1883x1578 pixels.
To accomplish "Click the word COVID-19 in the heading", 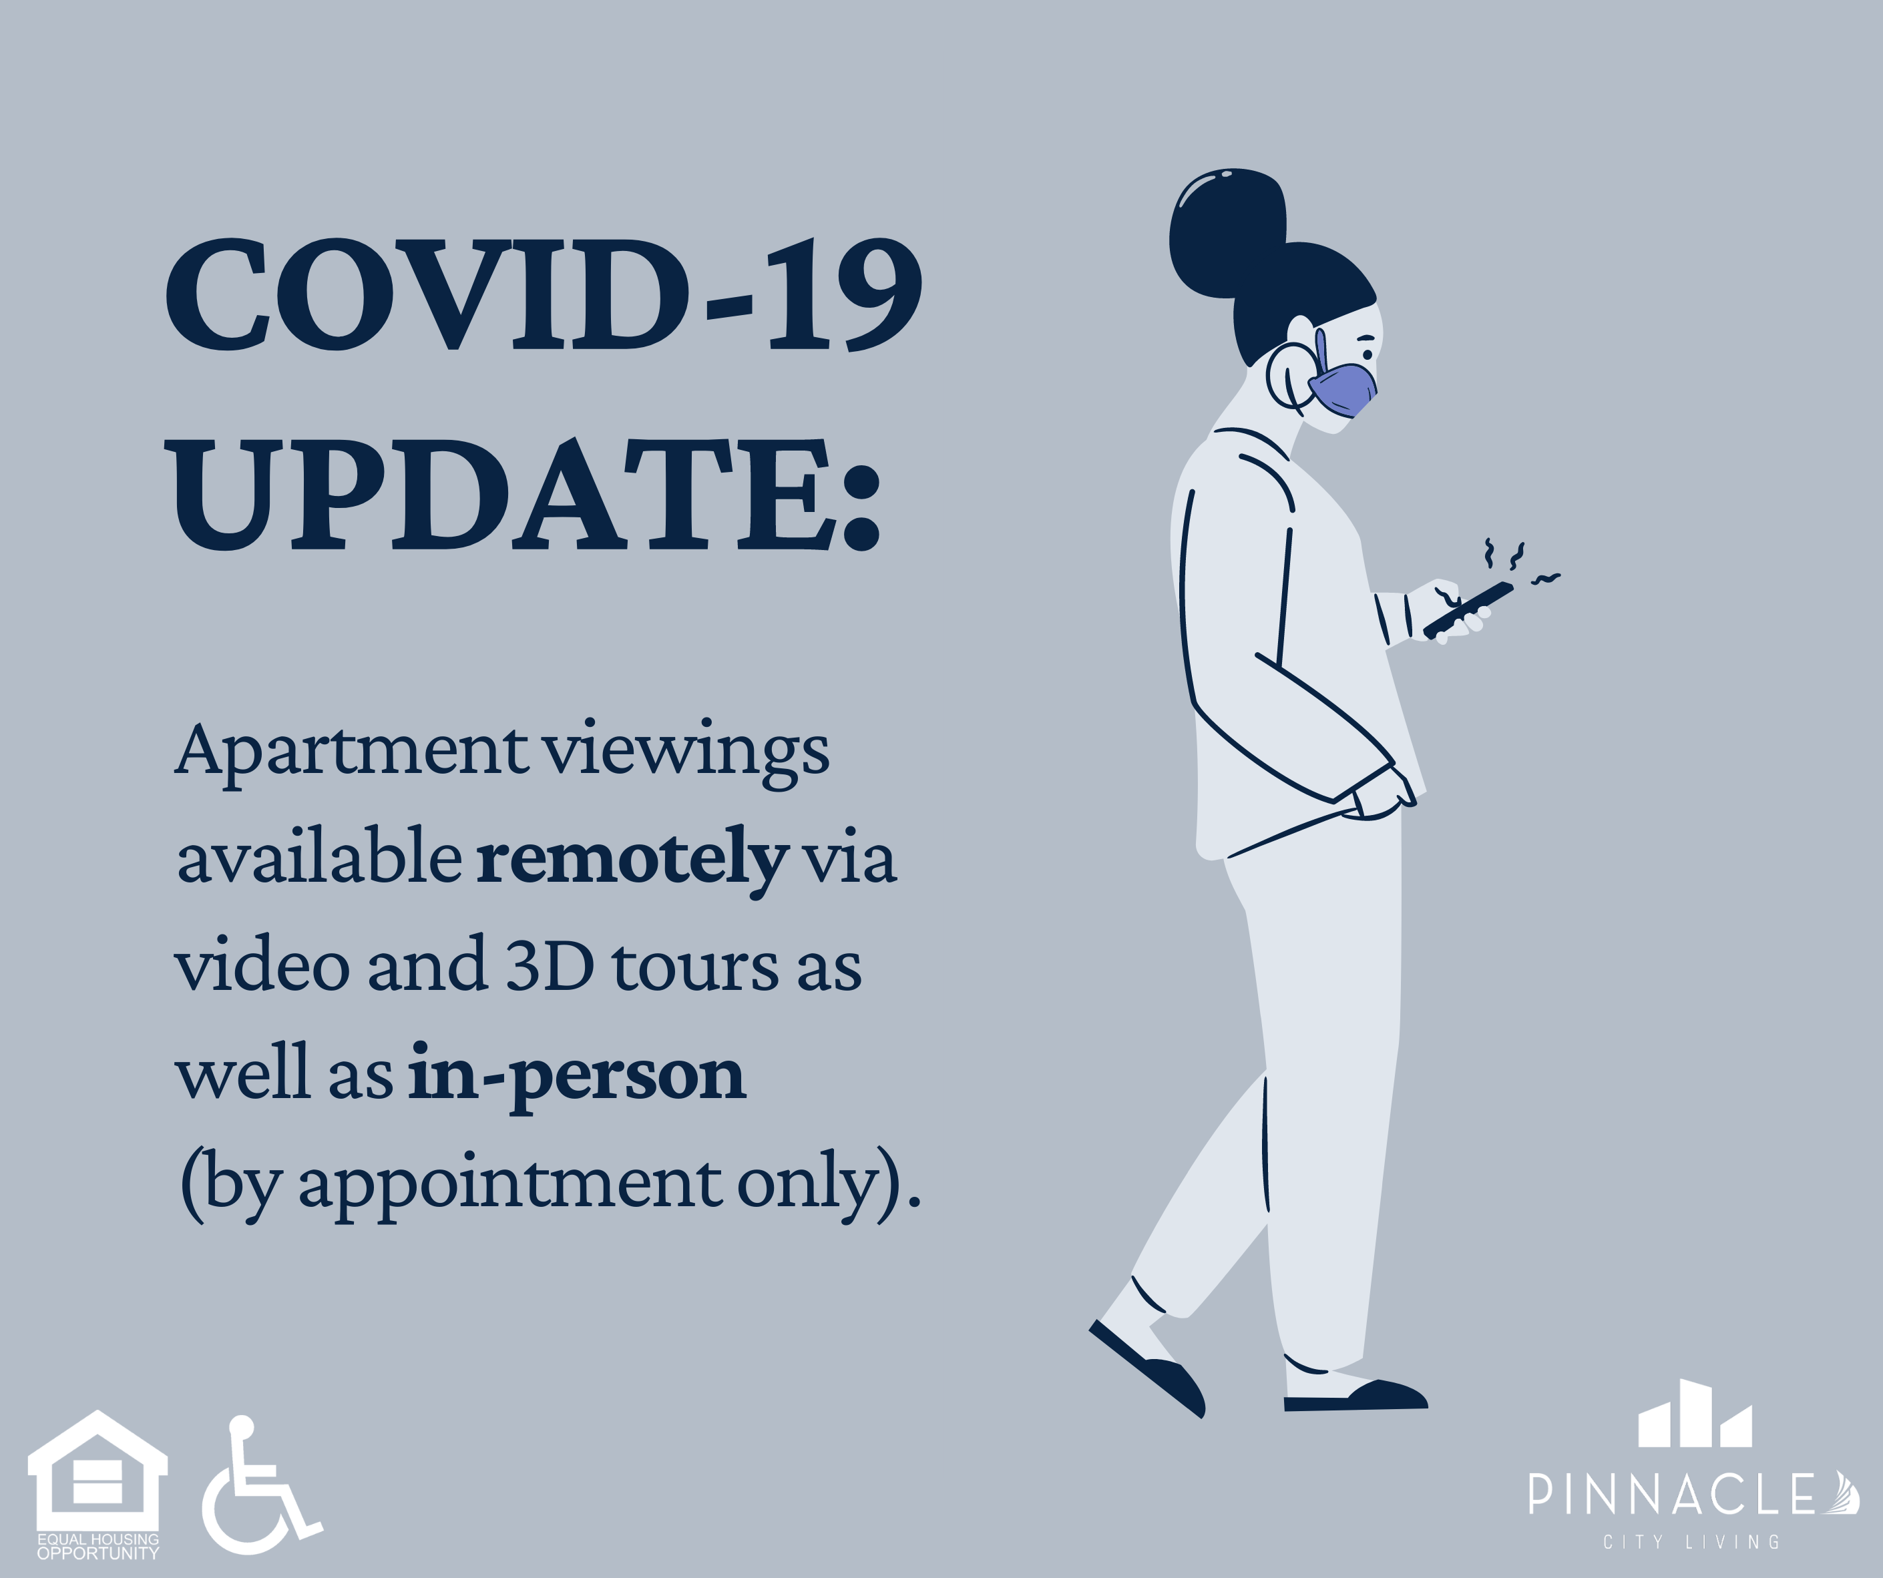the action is pyautogui.click(x=544, y=294).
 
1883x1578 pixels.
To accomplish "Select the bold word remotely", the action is pyautogui.click(x=633, y=859).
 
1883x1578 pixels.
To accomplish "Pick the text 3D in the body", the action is pyautogui.click(x=550, y=966).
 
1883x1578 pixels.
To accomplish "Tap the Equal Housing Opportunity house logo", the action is pyautogui.click(x=97, y=1485).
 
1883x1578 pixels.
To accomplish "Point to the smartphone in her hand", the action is pyautogui.click(x=1468, y=609).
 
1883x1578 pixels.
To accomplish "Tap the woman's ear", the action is pyautogui.click(x=1289, y=376).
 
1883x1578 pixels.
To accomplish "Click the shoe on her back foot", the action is pyautogui.click(x=1147, y=1369).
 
